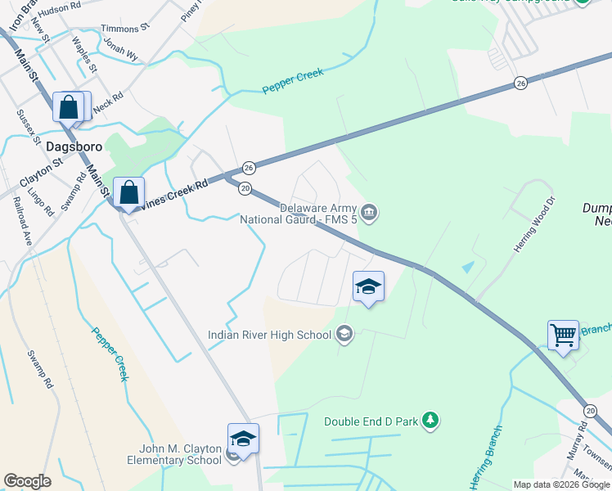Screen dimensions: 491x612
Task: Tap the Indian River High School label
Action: coord(270,334)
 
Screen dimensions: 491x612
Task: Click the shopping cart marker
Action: coord(563,335)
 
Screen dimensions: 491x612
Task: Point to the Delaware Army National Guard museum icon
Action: coord(369,213)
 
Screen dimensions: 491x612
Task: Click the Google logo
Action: coord(27,481)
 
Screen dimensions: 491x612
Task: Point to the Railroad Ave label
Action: coord(26,227)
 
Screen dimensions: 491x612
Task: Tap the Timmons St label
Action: coord(125,27)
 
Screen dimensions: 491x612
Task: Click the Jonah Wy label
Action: coord(119,50)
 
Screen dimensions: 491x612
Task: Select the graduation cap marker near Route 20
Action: coord(368,287)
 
